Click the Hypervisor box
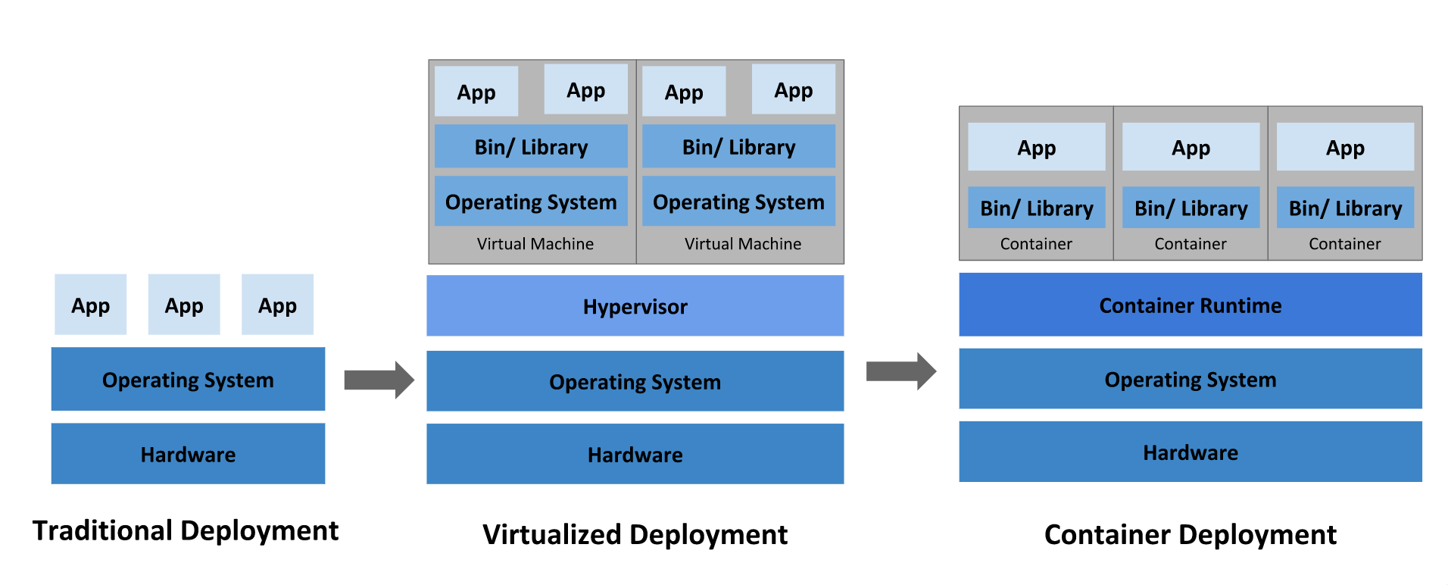[x=635, y=306]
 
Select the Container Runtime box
[x=1190, y=305]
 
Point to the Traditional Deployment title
[x=186, y=530]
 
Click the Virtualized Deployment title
[x=635, y=535]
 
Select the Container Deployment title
[x=1190, y=535]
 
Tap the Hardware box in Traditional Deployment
[x=188, y=454]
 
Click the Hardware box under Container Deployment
[x=1190, y=452]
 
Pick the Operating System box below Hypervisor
[x=635, y=381]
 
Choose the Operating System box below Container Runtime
[x=1190, y=379]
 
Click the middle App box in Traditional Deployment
[x=184, y=305]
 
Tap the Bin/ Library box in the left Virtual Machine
[x=531, y=146]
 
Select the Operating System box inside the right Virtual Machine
[x=738, y=202]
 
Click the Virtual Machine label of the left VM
[x=535, y=244]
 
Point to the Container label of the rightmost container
[x=1344, y=244]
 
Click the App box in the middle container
[x=1191, y=148]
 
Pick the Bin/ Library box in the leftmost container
[x=1036, y=208]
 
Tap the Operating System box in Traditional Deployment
[x=188, y=380]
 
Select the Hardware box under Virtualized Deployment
[x=635, y=454]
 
